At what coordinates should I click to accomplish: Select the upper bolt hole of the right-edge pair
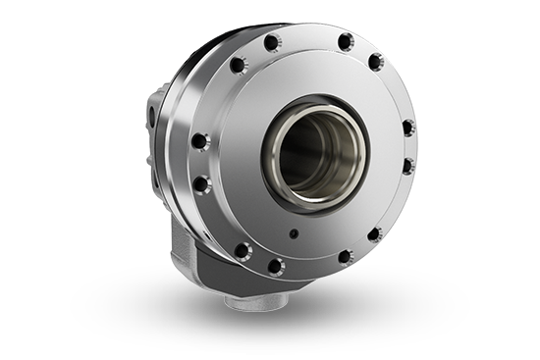point(407,128)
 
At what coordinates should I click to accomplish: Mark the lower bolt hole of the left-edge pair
point(201,183)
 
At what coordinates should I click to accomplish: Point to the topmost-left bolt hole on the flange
point(272,41)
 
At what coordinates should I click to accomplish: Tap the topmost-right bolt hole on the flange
point(345,42)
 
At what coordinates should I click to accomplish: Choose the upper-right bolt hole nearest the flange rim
point(375,62)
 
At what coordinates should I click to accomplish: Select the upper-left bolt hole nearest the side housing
point(237,65)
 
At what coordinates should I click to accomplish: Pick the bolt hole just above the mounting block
point(242,250)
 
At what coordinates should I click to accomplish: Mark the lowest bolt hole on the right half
point(345,257)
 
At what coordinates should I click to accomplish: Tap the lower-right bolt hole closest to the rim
point(374,234)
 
